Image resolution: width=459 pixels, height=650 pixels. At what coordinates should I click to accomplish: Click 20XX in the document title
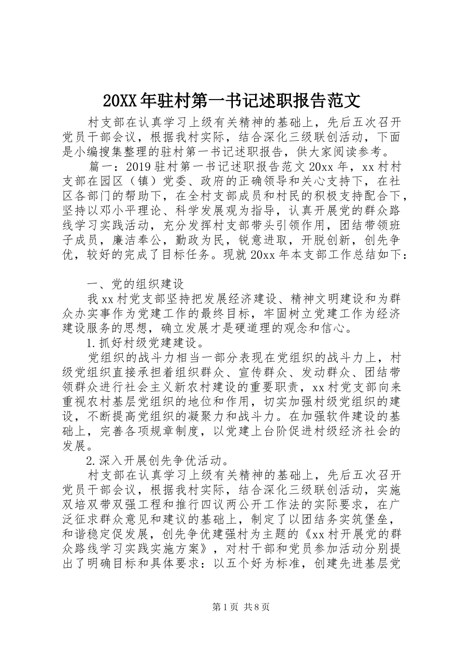click(120, 101)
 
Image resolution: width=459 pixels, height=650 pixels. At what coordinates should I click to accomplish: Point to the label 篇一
click(100, 167)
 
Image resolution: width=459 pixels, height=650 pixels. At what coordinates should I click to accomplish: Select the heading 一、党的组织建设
click(135, 284)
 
